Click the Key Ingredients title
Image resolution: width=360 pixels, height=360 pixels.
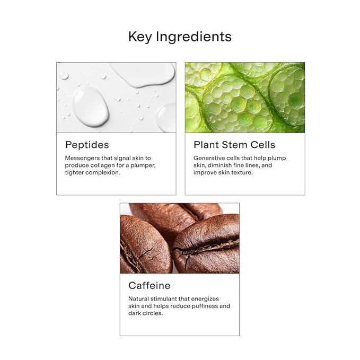(x=180, y=37)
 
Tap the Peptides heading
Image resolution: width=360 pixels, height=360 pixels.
(x=87, y=145)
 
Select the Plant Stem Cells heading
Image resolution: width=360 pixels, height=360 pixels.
(x=234, y=145)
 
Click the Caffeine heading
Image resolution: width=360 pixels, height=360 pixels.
(x=150, y=286)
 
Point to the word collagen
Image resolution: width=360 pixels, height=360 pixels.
(x=102, y=165)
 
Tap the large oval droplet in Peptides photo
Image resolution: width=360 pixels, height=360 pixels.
(x=91, y=107)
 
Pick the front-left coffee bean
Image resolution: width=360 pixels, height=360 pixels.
(x=145, y=245)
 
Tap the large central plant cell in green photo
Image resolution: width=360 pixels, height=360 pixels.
(x=236, y=104)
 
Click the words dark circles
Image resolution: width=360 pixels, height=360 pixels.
(x=146, y=313)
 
